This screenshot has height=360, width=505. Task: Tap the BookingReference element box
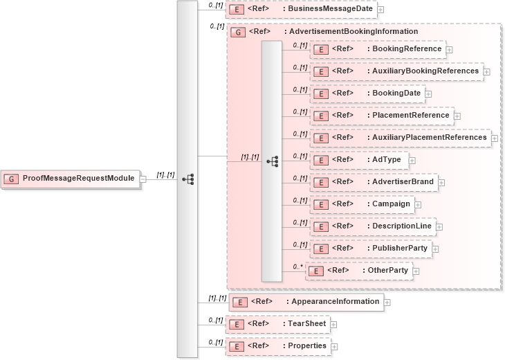point(378,49)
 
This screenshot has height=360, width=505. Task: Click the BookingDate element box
point(367,93)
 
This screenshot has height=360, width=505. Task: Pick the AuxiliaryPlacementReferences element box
point(401,138)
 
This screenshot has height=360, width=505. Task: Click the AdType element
point(360,160)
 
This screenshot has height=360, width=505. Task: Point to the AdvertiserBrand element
point(374,182)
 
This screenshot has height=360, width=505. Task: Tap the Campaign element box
point(362,204)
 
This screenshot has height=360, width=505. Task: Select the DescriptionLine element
point(373,226)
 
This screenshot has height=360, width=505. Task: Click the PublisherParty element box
point(371,249)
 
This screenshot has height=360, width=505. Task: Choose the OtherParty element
point(359,271)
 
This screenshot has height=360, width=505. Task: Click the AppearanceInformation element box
point(306,302)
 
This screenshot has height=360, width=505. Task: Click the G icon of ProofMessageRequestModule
point(12,179)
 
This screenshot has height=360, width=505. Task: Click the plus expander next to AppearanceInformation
point(387,302)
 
